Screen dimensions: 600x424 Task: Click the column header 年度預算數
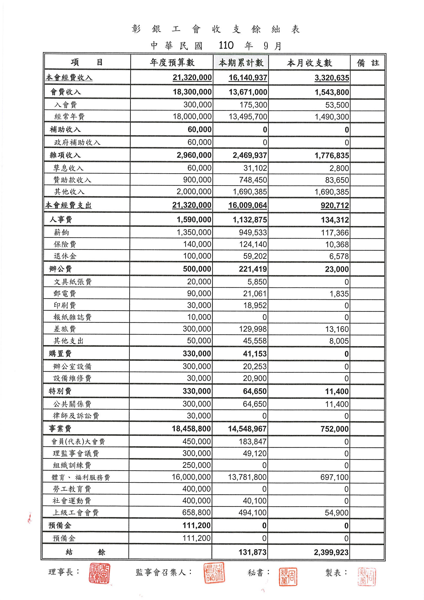pos(172,63)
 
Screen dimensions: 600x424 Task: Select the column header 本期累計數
pos(241,63)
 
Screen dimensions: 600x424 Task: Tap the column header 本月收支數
pos(309,63)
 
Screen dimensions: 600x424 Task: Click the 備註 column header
pos(368,63)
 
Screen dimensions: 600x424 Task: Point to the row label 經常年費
pos(69,117)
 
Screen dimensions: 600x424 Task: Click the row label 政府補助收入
pos(77,142)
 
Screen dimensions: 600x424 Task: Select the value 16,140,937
pos(248,78)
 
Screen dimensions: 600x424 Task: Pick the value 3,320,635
pos(332,78)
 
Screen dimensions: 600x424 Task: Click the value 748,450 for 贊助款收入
pos(253,180)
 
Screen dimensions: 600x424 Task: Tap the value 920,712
pos(335,205)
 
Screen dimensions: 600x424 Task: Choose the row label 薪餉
pos(61,232)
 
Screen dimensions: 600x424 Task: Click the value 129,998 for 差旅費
pos(253,329)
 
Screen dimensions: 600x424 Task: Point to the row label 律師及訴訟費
pos(76,415)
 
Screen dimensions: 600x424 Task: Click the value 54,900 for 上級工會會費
pos(337,512)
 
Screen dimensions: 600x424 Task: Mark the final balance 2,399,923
pos(331,552)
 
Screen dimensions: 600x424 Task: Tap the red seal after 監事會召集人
pos(214,573)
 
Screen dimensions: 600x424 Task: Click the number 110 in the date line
pos(226,45)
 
